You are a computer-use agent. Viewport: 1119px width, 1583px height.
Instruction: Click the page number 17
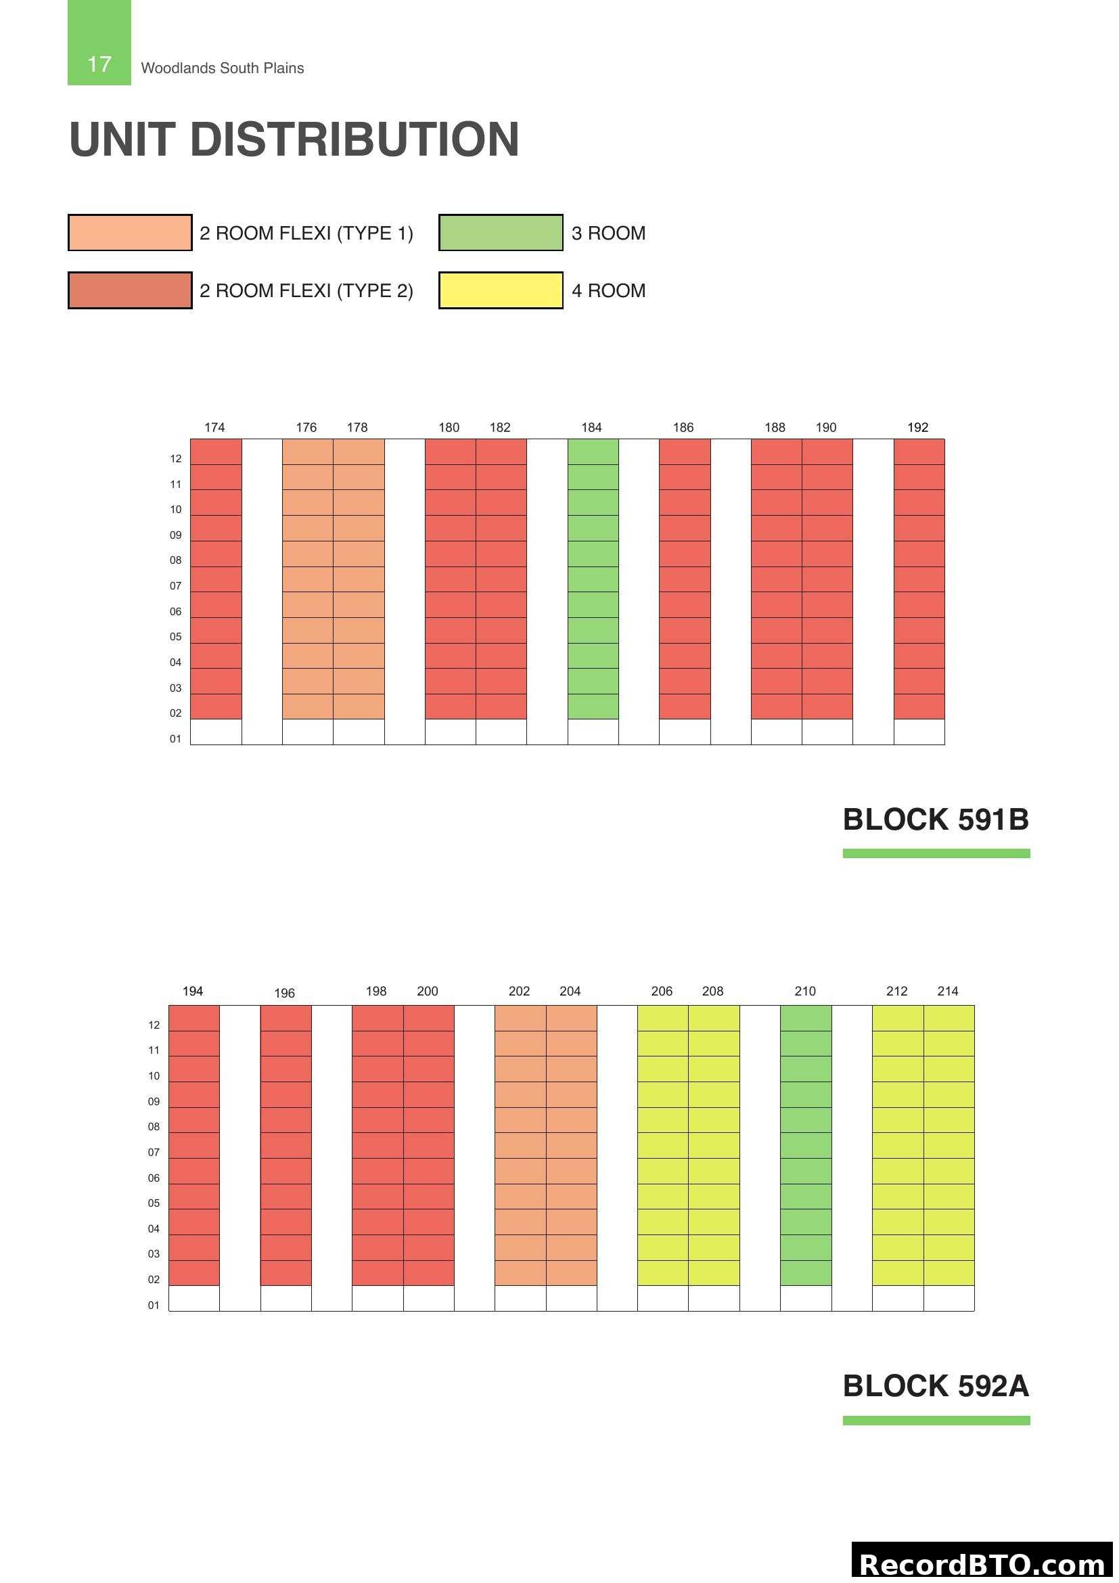tap(99, 64)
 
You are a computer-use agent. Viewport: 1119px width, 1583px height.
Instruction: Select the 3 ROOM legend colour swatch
tap(500, 233)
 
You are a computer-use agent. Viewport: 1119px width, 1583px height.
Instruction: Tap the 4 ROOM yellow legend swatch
tap(500, 290)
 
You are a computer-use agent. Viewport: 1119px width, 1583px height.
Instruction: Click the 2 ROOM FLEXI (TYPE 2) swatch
tap(129, 290)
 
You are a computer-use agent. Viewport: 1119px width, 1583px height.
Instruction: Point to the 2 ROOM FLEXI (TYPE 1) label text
tap(306, 233)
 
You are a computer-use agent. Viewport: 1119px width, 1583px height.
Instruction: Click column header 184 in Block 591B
tap(591, 428)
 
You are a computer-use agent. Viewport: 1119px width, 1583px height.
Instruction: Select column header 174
tap(214, 428)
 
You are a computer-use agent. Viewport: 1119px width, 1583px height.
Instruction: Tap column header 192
tap(917, 428)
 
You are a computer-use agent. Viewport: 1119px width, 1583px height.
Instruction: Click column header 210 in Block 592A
tap(805, 991)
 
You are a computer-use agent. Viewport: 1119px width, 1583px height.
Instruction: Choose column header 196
tap(284, 993)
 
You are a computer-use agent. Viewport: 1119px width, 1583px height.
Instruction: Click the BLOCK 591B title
tap(935, 820)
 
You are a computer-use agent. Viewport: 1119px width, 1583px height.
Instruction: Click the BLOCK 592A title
tap(935, 1386)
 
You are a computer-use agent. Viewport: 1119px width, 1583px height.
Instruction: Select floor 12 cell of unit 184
tap(593, 451)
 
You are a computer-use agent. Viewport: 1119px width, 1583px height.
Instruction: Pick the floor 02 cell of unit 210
tap(806, 1273)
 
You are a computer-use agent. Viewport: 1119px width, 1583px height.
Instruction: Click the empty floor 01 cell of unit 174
tap(216, 732)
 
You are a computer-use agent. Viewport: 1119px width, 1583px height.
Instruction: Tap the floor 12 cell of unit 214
tap(949, 1018)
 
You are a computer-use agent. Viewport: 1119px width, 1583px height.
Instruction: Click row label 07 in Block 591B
tap(176, 586)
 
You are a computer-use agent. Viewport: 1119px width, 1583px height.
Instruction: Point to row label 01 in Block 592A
tap(154, 1305)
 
